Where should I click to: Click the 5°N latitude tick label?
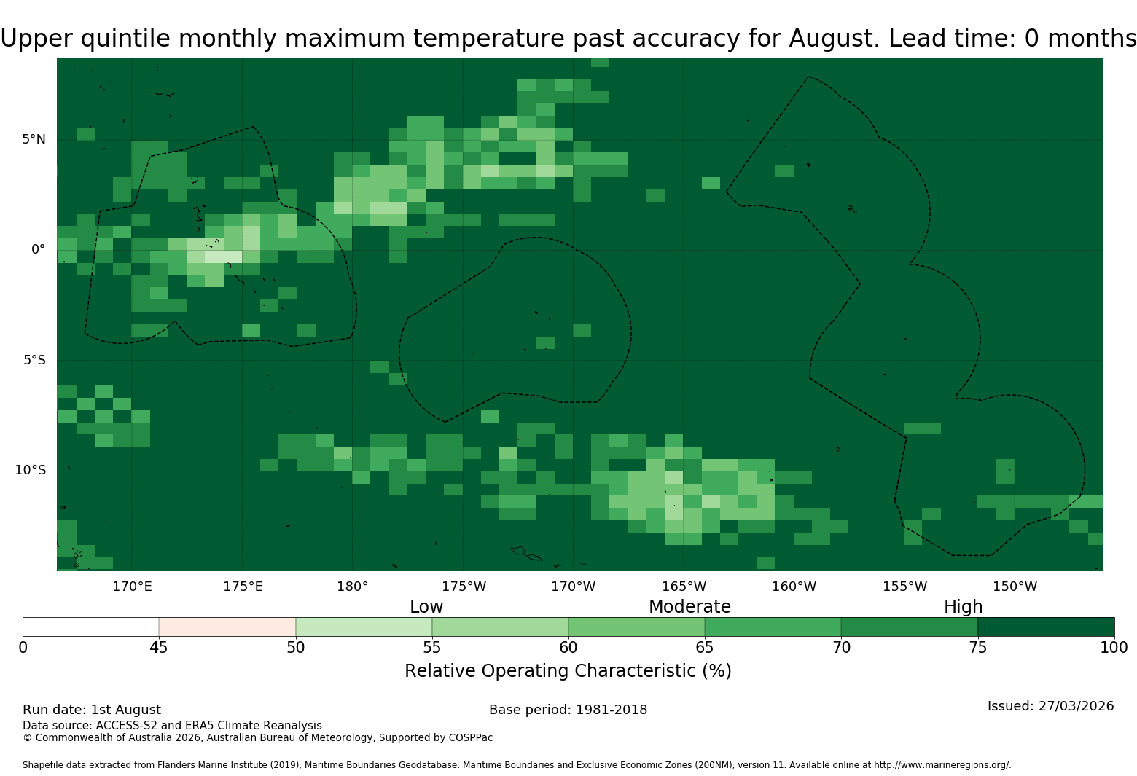(x=34, y=139)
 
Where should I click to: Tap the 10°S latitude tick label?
(x=30, y=470)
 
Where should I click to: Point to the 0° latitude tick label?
(x=38, y=249)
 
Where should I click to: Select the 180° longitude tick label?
(x=352, y=587)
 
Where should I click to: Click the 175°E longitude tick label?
(x=243, y=587)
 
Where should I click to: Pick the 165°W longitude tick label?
(x=684, y=587)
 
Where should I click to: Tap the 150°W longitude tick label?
(x=1015, y=587)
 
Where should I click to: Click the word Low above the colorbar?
(x=426, y=607)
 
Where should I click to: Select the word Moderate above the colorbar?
(x=689, y=607)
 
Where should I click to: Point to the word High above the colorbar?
(x=964, y=607)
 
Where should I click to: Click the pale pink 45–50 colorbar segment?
(x=227, y=627)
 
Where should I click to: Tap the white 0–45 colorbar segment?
(x=91, y=627)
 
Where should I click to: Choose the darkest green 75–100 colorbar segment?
(x=1046, y=627)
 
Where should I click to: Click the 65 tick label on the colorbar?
(x=705, y=648)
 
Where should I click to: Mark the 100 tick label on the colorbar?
(x=1114, y=648)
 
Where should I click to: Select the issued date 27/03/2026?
(x=1076, y=706)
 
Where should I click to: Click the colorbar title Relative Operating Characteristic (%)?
(x=568, y=671)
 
